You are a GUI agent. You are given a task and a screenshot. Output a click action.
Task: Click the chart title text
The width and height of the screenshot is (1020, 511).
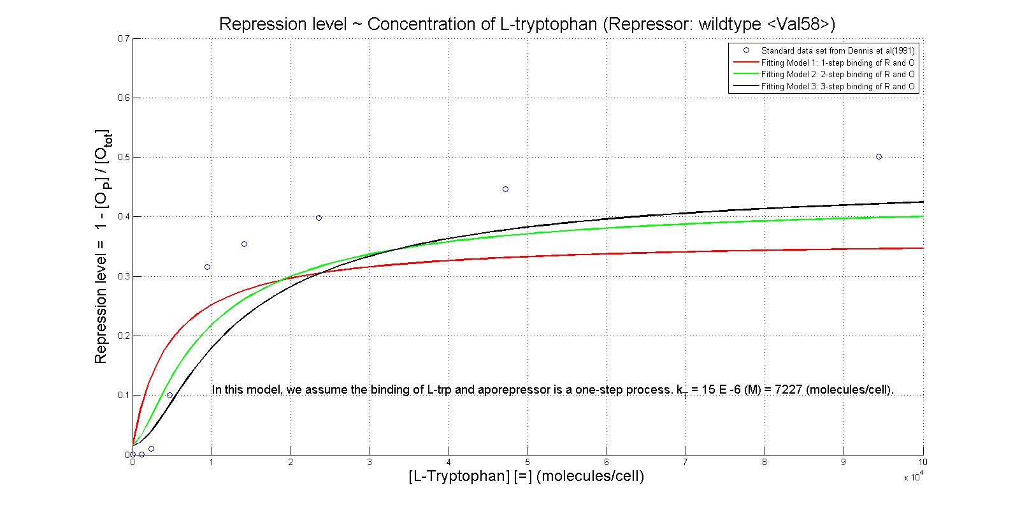526,24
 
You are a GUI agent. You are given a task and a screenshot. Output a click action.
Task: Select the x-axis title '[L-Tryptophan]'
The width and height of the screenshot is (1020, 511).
526,477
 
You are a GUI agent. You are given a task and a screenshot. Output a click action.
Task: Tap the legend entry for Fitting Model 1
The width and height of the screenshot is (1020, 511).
838,63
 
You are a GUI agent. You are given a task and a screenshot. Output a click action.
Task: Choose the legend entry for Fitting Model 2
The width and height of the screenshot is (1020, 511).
838,74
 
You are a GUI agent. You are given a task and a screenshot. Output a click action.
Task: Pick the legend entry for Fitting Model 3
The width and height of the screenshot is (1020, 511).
838,86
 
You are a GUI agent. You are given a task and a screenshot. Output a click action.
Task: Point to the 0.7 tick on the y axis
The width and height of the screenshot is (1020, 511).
124,38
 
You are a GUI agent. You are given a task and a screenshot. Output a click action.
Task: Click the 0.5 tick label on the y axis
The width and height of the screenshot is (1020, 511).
124,158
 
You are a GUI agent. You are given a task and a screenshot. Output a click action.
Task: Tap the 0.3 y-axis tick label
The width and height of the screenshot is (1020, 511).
124,276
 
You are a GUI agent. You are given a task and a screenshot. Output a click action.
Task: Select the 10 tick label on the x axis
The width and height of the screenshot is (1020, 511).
923,462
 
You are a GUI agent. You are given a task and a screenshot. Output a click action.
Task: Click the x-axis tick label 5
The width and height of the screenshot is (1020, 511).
528,462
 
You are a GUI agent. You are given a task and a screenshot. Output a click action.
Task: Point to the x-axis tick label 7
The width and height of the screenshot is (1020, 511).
686,462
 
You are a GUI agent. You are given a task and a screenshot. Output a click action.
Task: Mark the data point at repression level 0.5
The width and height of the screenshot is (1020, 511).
879,156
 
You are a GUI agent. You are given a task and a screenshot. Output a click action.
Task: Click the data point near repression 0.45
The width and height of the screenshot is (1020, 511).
505,189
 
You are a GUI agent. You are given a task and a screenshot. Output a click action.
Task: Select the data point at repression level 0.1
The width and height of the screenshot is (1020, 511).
169,395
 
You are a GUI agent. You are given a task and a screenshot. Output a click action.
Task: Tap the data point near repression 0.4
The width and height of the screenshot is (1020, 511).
319,218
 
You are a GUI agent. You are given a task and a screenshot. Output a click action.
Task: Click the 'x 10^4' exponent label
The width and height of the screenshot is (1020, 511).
913,477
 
